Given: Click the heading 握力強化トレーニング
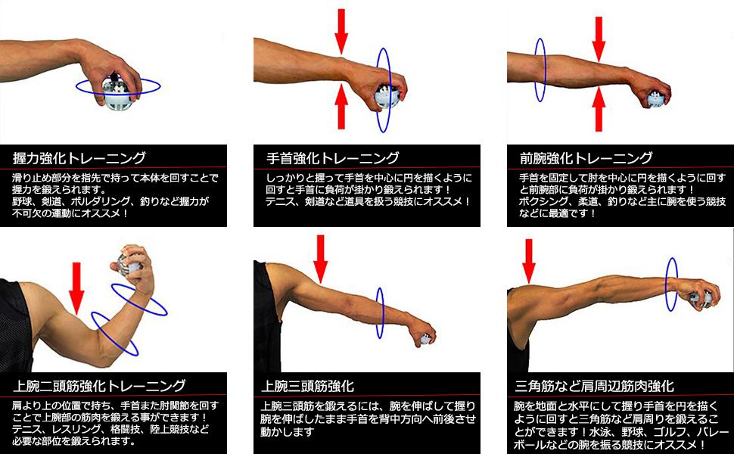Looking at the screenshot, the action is click(79, 158).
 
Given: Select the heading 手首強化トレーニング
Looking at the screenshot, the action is click(333, 158).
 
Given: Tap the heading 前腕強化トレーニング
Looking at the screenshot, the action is click(586, 158).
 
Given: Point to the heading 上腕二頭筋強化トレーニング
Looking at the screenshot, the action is click(99, 386).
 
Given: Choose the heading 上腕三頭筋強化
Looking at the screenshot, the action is click(307, 386).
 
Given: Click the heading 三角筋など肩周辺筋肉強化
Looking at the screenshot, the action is click(595, 386).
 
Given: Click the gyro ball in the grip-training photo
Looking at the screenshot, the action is click(117, 92).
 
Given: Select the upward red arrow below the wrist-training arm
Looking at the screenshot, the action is click(342, 107).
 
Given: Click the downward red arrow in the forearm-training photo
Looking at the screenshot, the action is click(599, 39).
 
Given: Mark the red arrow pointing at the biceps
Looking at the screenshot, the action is click(76, 288).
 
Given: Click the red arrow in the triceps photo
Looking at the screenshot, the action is click(321, 259).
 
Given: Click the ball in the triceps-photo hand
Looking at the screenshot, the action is click(425, 339).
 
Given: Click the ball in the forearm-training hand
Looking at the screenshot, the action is click(656, 99).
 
